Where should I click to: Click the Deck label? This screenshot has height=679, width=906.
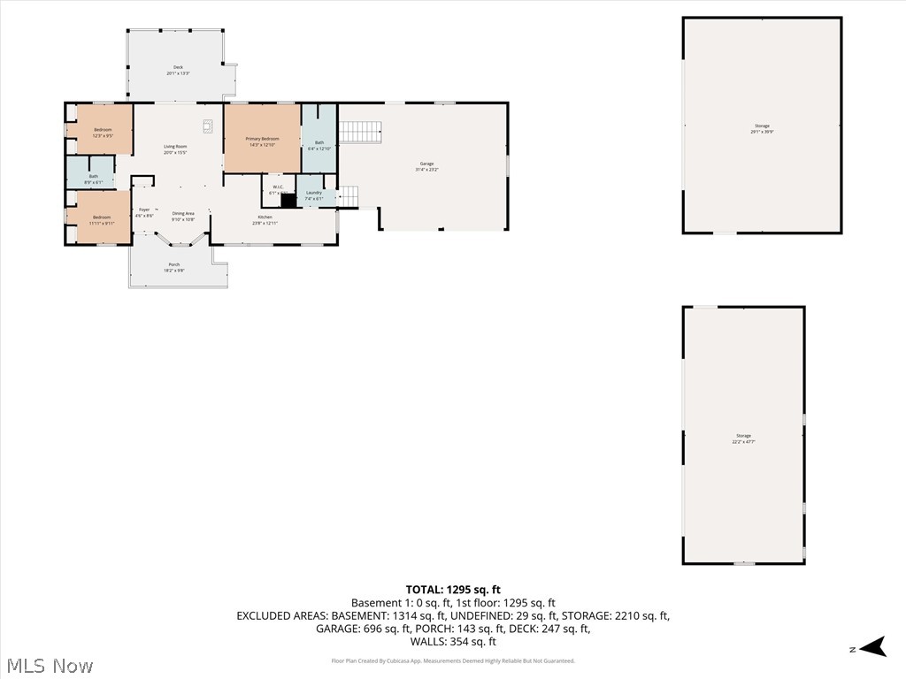point(178,67)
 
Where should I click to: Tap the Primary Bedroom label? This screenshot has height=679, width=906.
point(262,139)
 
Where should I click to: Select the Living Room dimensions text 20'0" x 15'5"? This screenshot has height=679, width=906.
point(175,153)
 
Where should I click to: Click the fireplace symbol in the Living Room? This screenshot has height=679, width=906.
point(208,126)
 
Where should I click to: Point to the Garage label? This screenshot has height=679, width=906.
point(426,164)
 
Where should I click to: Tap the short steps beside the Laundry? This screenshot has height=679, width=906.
point(349,196)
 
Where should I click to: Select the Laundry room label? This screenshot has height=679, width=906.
point(313,193)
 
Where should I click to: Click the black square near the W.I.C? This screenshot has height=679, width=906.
point(288,201)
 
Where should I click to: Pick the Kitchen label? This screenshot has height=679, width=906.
point(265,217)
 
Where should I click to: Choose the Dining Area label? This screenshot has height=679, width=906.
point(183,213)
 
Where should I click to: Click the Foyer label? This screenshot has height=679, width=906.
point(144,210)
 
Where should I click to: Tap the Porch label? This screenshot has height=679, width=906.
point(174,264)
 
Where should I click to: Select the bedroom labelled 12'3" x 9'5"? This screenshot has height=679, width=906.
point(103,130)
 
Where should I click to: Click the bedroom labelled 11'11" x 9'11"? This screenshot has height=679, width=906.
point(103,217)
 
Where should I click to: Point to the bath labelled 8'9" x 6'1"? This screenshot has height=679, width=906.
point(93,176)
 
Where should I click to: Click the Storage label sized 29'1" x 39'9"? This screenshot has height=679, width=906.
point(762,126)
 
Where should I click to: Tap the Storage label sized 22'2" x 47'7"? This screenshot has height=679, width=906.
point(743,436)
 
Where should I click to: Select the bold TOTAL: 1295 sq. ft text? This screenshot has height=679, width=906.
point(453,590)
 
